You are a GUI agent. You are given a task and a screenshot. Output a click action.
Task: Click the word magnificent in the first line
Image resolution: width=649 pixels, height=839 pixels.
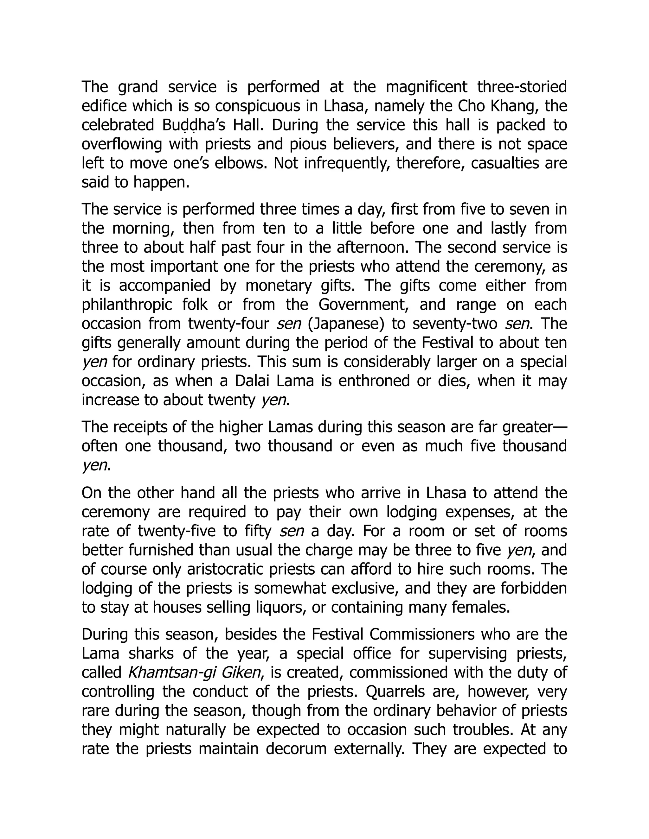(x=427, y=87)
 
